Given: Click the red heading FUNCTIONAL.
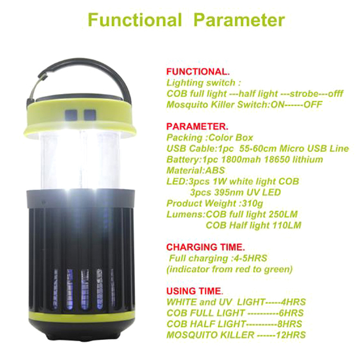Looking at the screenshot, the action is tap(198, 72).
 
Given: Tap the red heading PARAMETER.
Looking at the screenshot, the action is tap(197, 126).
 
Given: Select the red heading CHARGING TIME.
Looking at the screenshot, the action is tap(206, 247).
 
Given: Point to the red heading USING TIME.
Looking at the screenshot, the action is tap(194, 291).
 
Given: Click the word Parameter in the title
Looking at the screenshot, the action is tap(239, 20).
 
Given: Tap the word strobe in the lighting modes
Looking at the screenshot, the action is tap(304, 94).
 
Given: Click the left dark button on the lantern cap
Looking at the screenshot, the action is tap(71, 115).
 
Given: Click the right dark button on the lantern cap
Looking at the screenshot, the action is tap(90, 115).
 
